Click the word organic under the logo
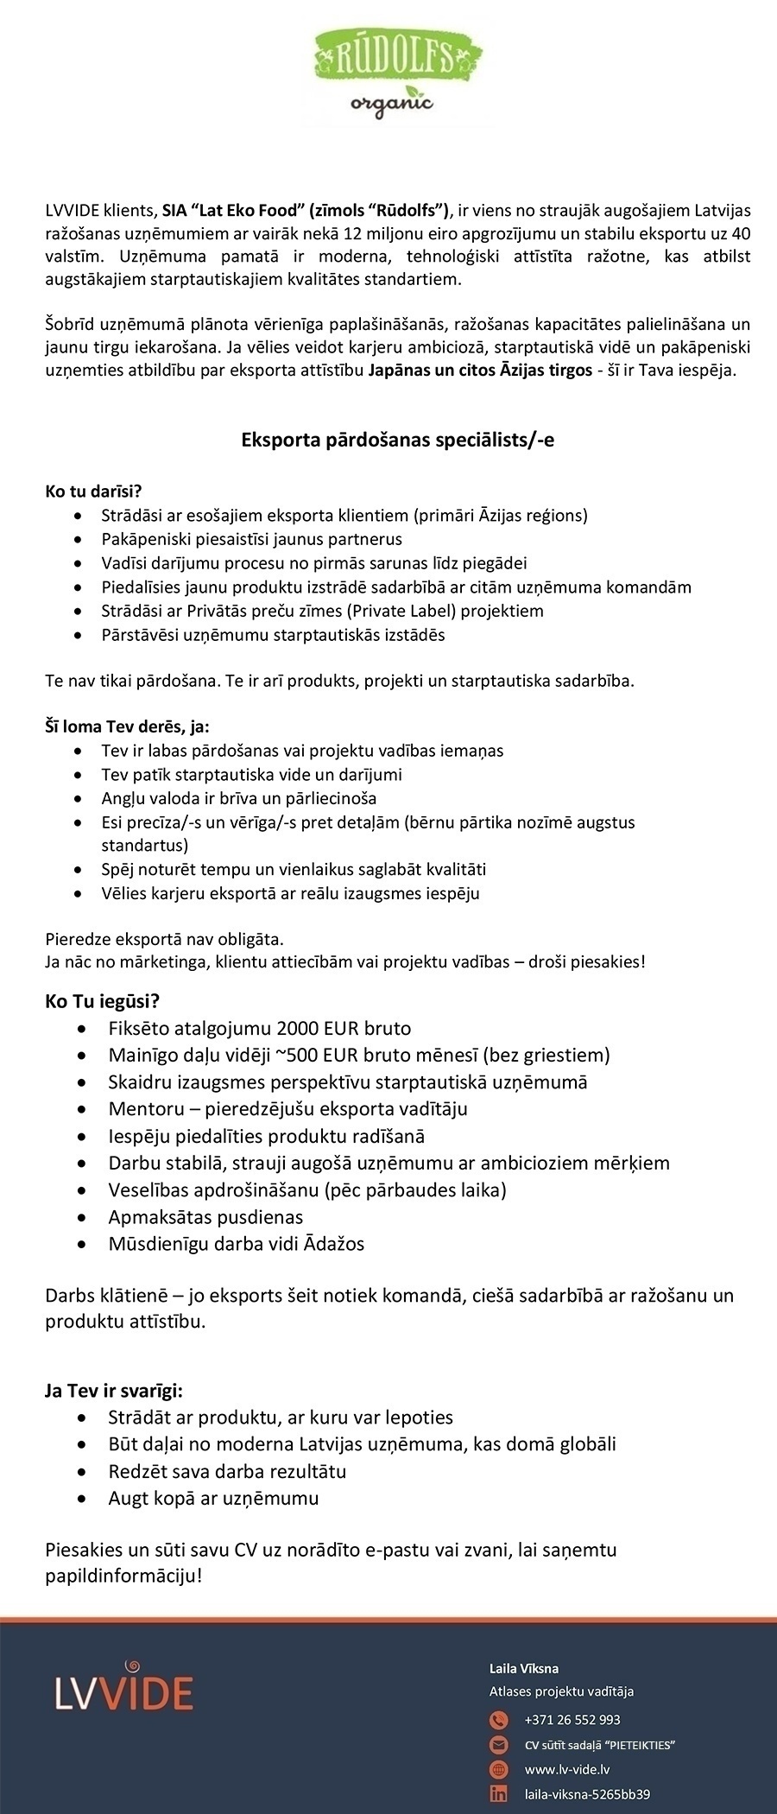pos(391,105)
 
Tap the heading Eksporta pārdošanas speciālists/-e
pos(397,440)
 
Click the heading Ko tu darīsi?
pos(92,492)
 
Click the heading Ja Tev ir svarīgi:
pos(113,1391)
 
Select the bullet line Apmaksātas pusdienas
pos(205,1217)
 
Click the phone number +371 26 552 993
pos(572,1720)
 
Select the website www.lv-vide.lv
pos(567,1769)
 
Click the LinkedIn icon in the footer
pos(499,1794)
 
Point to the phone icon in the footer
pos(499,1720)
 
